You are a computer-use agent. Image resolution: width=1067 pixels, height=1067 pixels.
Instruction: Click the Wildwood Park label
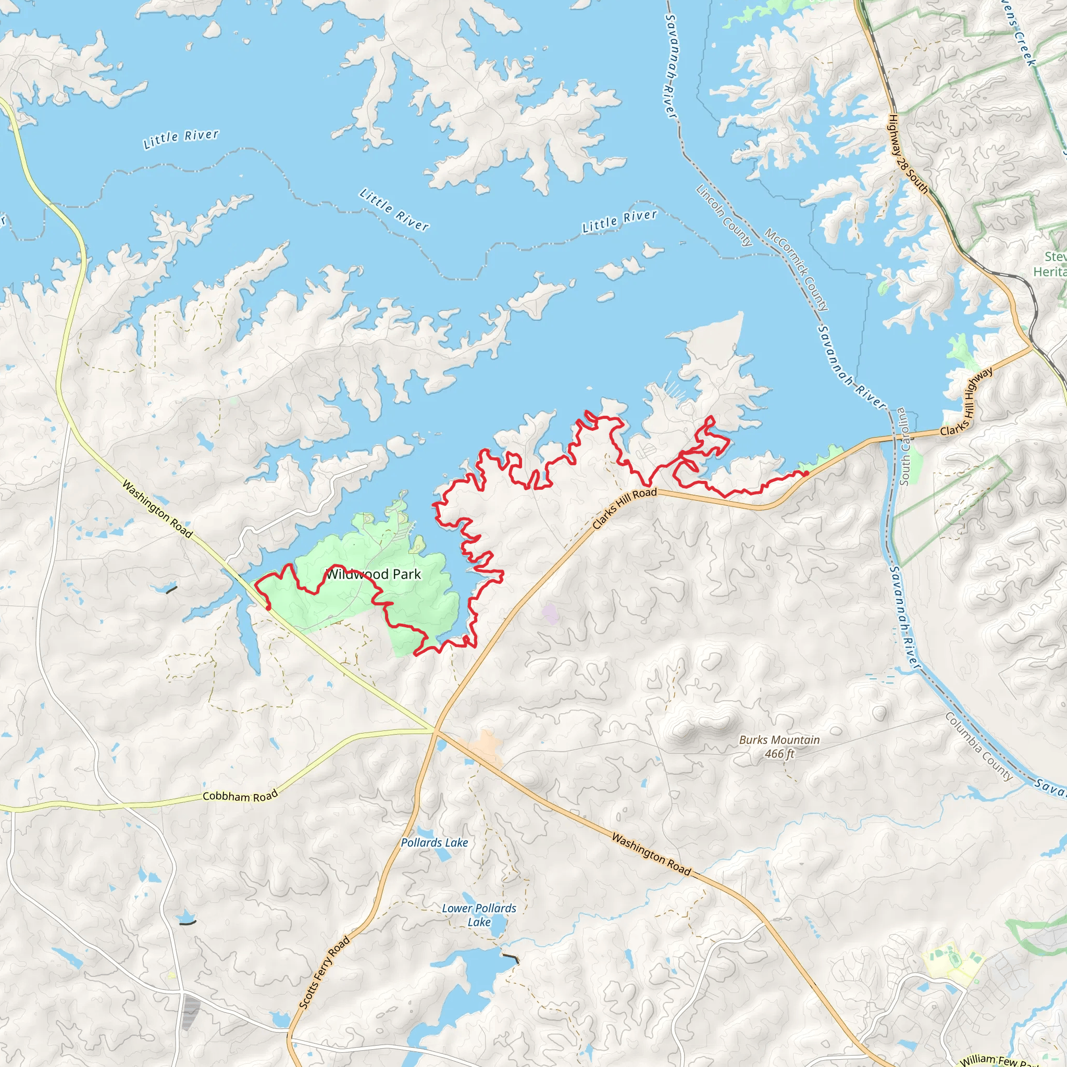point(374,574)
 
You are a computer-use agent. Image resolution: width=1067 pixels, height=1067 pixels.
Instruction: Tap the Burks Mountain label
point(779,740)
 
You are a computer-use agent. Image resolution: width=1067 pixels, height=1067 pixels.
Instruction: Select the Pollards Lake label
point(434,843)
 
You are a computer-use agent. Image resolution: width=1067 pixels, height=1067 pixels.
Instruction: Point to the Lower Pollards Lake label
point(479,915)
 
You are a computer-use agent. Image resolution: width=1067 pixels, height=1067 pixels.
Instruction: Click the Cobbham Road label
point(240,797)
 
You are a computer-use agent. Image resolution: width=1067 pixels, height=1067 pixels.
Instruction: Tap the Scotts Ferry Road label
point(324,973)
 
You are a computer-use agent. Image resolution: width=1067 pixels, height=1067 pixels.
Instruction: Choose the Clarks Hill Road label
point(624,508)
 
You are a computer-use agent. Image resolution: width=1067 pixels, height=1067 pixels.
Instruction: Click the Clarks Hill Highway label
point(966,402)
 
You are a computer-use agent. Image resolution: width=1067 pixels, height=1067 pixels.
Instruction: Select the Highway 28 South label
point(908,154)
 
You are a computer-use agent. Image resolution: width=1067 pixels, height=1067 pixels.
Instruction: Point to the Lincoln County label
point(724,215)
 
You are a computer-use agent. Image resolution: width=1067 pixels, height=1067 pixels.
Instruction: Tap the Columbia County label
point(979,747)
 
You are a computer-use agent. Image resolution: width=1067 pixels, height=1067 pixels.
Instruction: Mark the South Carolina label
point(903,446)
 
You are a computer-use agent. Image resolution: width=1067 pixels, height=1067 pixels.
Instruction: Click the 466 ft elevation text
point(779,754)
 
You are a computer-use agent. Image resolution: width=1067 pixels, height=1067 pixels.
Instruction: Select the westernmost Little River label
point(181,139)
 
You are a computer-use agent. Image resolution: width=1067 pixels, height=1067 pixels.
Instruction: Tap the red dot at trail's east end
point(806,473)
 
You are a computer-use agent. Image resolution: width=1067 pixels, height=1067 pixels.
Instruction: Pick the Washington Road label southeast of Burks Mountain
point(651,855)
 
